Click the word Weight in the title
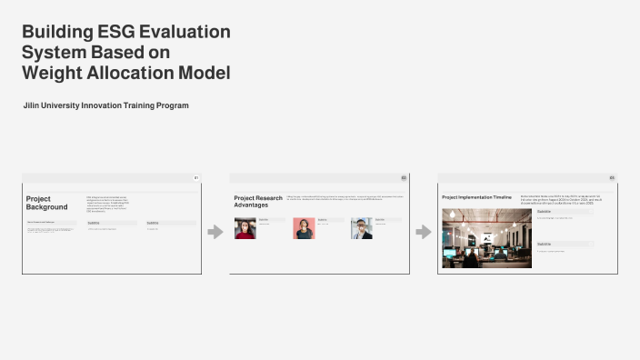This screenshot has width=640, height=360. point(53,73)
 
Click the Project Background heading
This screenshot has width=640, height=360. point(46,203)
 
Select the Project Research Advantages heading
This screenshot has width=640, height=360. point(257,201)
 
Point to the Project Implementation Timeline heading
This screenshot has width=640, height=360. point(477,196)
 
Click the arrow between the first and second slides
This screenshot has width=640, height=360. point(215,232)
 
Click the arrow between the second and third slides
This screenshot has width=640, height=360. point(424,232)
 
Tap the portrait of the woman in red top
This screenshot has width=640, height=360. point(245,228)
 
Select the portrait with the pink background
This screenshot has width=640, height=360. point(304,228)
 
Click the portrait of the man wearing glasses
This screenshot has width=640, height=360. point(362,228)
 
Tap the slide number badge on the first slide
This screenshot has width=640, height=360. point(195,178)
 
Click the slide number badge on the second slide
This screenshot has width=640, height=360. point(404,178)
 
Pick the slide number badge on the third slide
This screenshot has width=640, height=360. point(612,178)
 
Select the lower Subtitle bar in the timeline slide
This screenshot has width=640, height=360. point(565,244)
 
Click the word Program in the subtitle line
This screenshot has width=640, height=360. point(171,106)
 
